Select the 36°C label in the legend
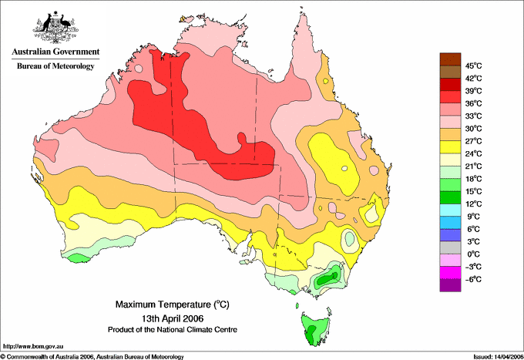pyautogui.click(x=474, y=103)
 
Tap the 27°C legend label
pyautogui.click(x=474, y=141)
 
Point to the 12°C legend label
pyautogui.click(x=474, y=204)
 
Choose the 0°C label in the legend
pyautogui.click(x=474, y=254)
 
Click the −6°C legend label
pyautogui.click(x=474, y=279)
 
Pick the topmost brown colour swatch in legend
pyautogui.click(x=450, y=59)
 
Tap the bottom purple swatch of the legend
pyautogui.click(x=450, y=285)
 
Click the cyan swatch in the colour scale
pyautogui.click(x=450, y=210)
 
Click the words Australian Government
pyautogui.click(x=55, y=52)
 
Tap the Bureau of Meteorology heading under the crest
pyautogui.click(x=55, y=66)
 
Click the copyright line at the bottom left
pyautogui.click(x=92, y=356)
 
